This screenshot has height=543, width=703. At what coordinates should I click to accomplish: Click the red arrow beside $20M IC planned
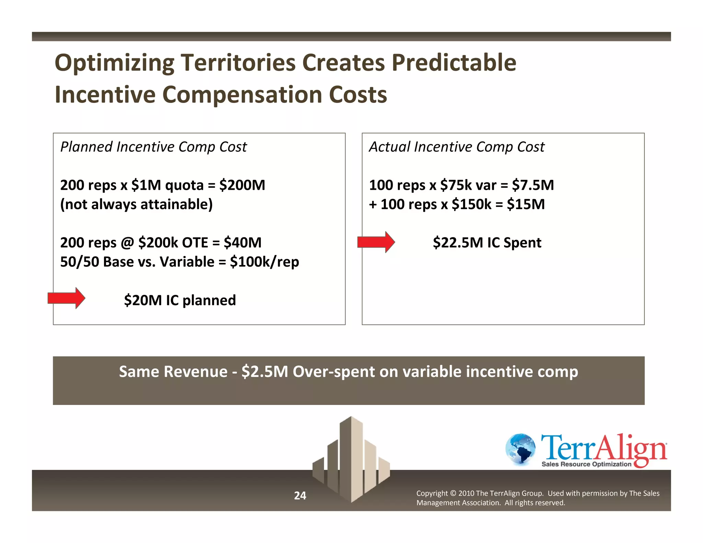pyautogui.click(x=66, y=298)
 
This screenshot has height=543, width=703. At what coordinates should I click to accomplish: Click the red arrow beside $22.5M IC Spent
pyautogui.click(x=376, y=242)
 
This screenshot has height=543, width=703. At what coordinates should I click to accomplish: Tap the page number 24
pyautogui.click(x=300, y=495)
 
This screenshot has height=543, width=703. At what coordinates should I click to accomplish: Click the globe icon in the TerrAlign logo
pyautogui.click(x=520, y=449)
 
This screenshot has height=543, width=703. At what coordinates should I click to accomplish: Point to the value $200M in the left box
pyautogui.click(x=242, y=185)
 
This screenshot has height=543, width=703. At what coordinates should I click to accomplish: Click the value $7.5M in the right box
pyautogui.click(x=533, y=185)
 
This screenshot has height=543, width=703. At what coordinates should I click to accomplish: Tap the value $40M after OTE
pyautogui.click(x=242, y=243)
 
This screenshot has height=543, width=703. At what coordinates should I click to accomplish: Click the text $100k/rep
pyautogui.click(x=264, y=262)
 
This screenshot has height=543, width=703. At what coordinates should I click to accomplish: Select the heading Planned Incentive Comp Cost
pyautogui.click(x=153, y=147)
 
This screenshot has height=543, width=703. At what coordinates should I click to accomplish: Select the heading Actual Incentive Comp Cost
pyautogui.click(x=457, y=147)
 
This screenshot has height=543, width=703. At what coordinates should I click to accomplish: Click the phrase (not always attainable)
pyautogui.click(x=136, y=205)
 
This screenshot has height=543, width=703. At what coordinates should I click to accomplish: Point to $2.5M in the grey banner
pyautogui.click(x=264, y=372)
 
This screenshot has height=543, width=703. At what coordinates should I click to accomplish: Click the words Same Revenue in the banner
pyautogui.click(x=173, y=372)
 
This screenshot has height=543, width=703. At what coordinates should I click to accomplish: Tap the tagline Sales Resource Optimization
pyautogui.click(x=586, y=464)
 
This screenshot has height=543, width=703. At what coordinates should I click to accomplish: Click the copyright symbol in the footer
pyautogui.click(x=453, y=493)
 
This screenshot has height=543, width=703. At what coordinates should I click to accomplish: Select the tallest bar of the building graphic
pyautogui.click(x=351, y=457)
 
